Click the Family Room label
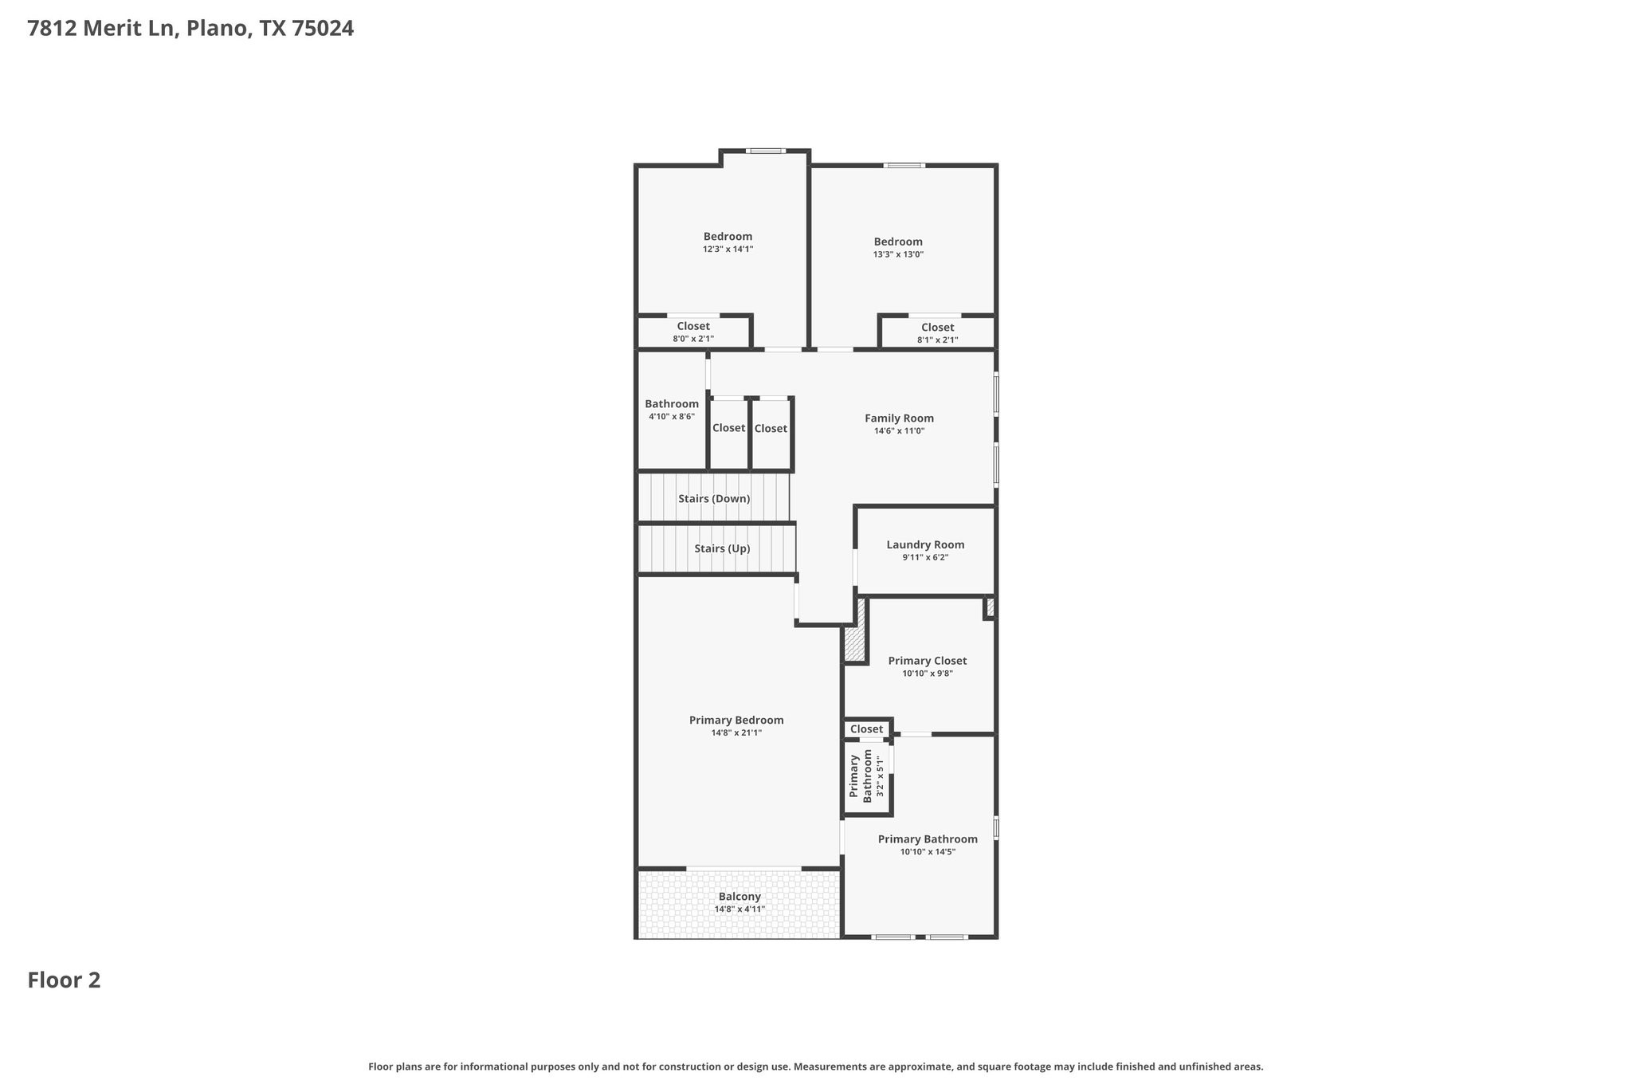point(899,418)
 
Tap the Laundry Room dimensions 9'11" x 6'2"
point(925,558)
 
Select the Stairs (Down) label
point(714,499)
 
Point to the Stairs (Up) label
point(722,548)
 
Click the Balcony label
point(739,897)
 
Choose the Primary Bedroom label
point(736,720)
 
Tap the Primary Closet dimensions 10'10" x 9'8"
point(928,674)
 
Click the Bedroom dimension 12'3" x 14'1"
point(728,249)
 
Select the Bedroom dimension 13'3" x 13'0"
point(898,255)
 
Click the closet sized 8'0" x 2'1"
point(693,332)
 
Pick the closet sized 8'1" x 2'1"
point(937,333)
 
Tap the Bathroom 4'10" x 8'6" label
point(672,404)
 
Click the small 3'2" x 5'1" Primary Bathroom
point(867,776)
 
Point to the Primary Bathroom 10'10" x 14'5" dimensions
point(928,852)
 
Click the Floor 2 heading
point(64,980)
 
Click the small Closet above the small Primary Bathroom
point(866,729)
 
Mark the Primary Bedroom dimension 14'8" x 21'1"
point(736,733)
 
